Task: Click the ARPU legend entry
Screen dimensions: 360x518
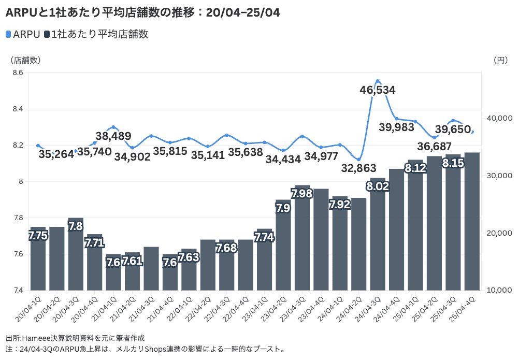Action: (23, 34)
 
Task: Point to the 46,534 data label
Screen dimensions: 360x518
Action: (378, 90)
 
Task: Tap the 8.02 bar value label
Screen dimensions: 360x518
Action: (378, 186)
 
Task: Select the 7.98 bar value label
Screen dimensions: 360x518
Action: (302, 194)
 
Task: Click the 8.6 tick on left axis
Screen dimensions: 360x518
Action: (18, 73)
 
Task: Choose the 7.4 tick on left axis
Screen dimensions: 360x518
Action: (18, 290)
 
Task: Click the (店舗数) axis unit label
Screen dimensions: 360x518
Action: (25, 60)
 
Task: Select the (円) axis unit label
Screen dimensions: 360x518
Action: (501, 60)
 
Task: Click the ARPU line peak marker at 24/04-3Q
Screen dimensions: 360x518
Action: (378, 81)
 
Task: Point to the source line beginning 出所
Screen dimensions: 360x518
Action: (75, 338)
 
